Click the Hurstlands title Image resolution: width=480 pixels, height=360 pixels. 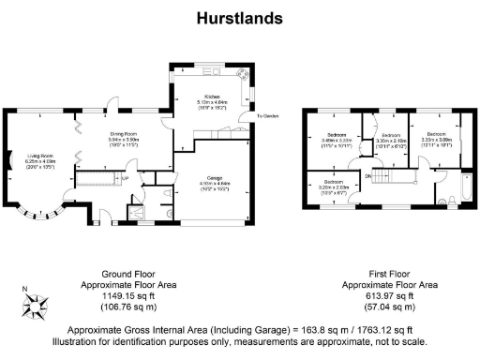coord(239,18)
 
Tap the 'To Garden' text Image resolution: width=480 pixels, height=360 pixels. coord(269,116)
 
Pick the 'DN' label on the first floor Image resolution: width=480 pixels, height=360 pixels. coord(368,175)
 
